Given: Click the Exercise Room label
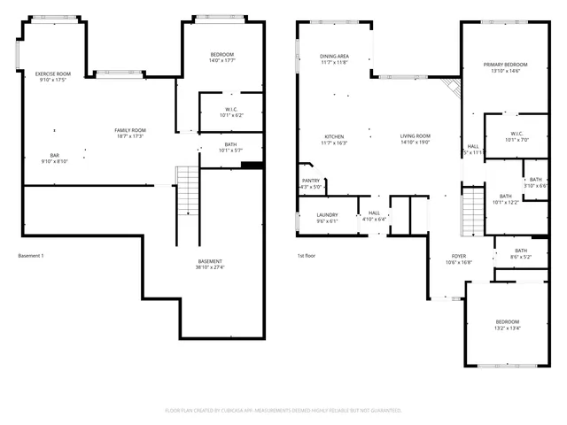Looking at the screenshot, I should (52, 73).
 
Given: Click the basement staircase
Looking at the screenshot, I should (186, 190).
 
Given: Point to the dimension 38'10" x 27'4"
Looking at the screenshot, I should (210, 267).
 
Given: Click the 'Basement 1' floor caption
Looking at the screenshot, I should (31, 257).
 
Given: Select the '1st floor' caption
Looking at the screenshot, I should (307, 257).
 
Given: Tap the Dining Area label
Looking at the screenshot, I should (334, 56).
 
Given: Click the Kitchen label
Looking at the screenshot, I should (333, 136).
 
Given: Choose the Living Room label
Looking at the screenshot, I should (415, 136).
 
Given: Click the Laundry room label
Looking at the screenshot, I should (327, 214).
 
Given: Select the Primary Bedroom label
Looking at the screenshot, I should (505, 65).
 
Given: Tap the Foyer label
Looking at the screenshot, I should (459, 256).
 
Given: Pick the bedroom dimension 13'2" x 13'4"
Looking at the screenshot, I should (507, 328).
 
